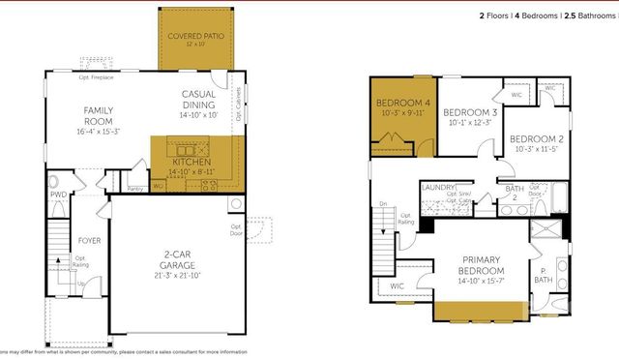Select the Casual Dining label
click(199, 100)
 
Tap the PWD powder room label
click(58, 194)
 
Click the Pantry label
click(135, 188)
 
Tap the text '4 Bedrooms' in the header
click(521, 16)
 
